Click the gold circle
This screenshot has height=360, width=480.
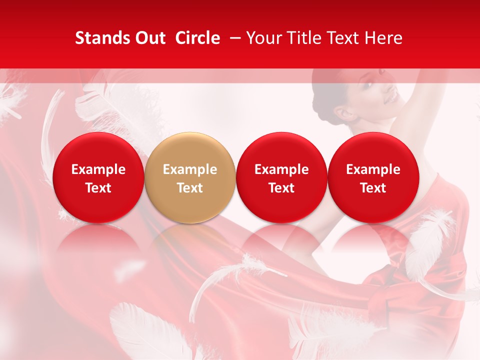(x=190, y=177)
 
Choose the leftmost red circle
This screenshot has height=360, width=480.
(x=98, y=177)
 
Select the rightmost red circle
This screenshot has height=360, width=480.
(x=373, y=177)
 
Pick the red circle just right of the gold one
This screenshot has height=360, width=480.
(x=281, y=177)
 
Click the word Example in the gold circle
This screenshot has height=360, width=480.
(x=190, y=169)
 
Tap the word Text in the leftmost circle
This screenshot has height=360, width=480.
(x=98, y=188)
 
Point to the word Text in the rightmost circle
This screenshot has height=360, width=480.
(x=373, y=188)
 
